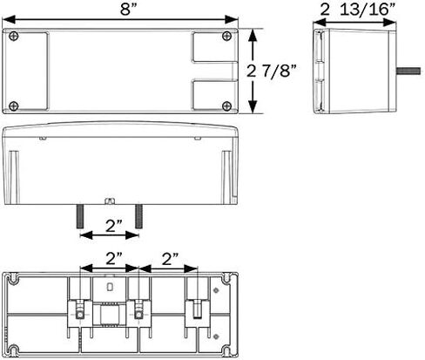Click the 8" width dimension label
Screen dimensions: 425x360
pos(128,10)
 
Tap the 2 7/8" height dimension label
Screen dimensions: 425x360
pos(272,71)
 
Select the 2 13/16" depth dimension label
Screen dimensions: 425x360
pos(358,10)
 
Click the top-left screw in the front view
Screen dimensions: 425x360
pos(14,37)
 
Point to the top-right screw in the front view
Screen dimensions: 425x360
pos(226,36)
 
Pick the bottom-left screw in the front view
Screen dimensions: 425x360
pos(14,106)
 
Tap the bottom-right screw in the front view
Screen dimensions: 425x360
pos(226,106)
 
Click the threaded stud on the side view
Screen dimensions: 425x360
pos(408,71)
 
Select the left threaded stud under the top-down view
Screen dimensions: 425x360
pos(80,216)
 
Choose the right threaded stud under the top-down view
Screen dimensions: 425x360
pos(138,216)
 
